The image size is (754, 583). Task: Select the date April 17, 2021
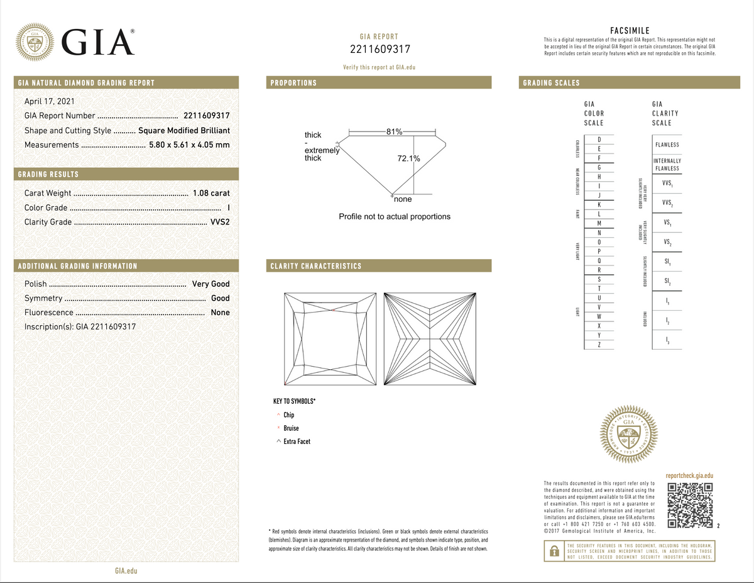coord(47,101)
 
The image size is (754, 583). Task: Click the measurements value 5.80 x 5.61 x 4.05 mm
coord(189,145)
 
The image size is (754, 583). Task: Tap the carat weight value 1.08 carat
coord(210,193)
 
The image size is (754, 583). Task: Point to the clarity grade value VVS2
coord(219,222)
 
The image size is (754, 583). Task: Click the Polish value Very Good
coord(210,284)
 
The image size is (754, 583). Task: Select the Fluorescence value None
coord(220,313)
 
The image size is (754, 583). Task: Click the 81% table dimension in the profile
coord(395,131)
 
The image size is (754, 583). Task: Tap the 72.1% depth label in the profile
coord(408,158)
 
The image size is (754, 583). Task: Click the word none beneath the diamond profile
coord(403,199)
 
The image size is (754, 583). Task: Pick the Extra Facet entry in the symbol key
coord(297,441)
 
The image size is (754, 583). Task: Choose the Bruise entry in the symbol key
coord(291,428)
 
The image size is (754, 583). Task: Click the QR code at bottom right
coord(689,506)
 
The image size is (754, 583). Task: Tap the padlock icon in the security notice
coord(554,551)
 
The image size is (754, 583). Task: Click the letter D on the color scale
coord(599,138)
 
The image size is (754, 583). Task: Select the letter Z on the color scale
coord(599,345)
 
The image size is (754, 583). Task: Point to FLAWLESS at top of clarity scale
coord(667,145)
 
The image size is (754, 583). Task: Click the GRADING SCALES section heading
coord(551,83)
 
